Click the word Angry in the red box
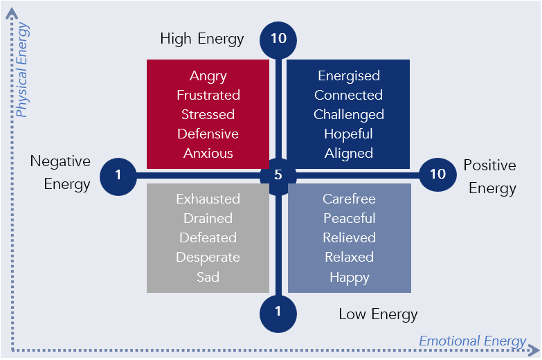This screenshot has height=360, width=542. point(208,75)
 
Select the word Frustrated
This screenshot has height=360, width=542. point(208,95)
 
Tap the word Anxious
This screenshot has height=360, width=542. point(208,153)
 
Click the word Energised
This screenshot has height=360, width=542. point(349,75)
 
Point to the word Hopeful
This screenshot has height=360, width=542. point(349,134)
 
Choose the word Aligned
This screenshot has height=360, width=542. point(349,153)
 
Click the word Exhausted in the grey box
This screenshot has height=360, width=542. point(208,199)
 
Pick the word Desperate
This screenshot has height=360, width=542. point(208,257)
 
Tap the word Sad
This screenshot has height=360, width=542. point(208,276)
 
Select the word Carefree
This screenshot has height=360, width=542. point(349,199)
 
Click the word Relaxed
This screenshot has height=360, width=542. point(349,257)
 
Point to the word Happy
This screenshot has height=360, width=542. point(349,277)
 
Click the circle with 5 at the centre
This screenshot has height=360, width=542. point(278,174)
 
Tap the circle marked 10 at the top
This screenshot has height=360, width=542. point(278,39)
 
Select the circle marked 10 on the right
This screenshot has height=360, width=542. point(438,174)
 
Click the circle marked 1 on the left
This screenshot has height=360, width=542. point(118,174)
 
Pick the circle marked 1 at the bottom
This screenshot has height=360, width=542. point(278,311)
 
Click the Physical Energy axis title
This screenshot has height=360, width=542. point(22,69)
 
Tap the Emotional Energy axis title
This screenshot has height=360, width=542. point(472,341)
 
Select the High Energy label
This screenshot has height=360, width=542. point(201,38)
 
